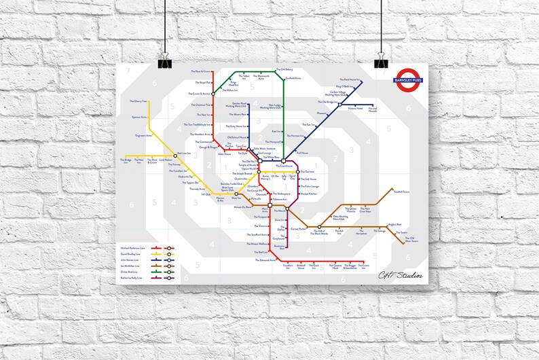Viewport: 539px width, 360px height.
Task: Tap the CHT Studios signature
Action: pos(400,274)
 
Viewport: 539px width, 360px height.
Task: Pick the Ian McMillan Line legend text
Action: pos(134,266)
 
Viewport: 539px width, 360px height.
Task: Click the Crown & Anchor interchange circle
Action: pos(212,93)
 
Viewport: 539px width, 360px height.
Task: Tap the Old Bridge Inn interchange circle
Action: pos(339,104)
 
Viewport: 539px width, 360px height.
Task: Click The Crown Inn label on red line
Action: pos(365,266)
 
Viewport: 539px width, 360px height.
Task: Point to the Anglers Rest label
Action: pos(394,224)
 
